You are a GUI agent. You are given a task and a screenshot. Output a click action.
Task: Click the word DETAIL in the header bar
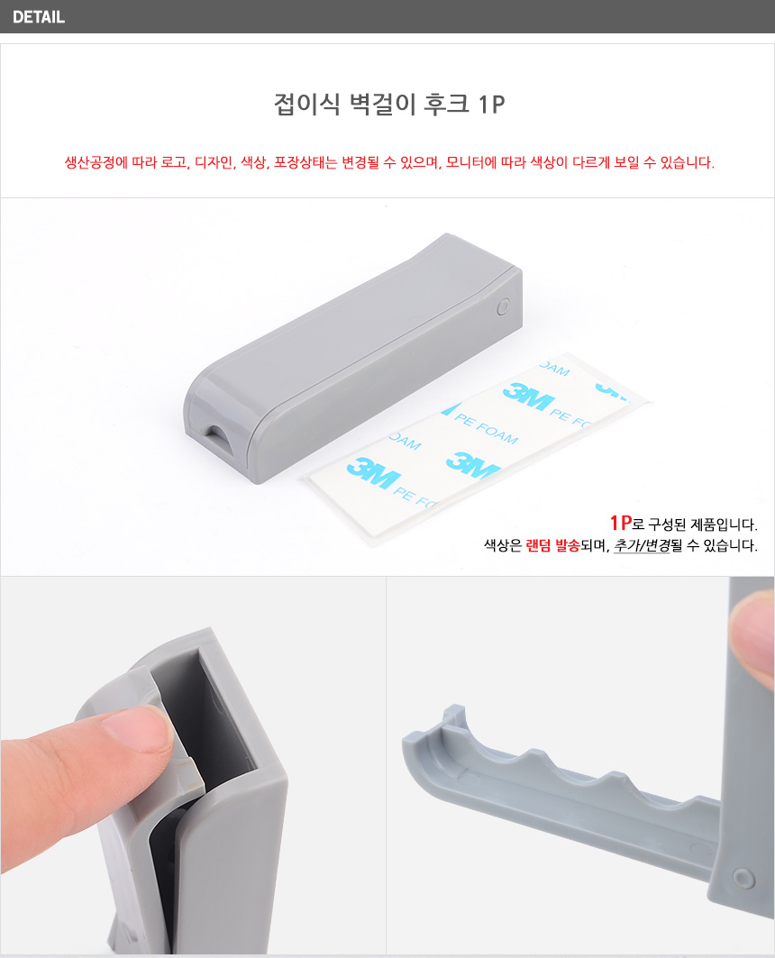39,17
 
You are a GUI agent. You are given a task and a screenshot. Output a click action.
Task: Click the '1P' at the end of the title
492,105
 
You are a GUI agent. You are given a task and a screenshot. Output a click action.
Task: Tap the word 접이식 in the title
306,104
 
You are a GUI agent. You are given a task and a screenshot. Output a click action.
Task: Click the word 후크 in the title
446,104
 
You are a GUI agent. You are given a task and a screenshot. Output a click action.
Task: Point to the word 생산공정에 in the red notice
96,162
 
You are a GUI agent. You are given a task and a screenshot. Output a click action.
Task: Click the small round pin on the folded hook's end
503,306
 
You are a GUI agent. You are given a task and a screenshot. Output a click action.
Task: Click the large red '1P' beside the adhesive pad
621,523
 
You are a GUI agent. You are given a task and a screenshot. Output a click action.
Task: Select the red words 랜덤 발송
552,545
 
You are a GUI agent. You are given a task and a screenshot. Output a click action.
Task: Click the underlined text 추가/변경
642,545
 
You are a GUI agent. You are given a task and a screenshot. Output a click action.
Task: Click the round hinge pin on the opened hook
743,878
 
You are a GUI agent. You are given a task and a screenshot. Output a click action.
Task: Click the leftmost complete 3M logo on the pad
374,472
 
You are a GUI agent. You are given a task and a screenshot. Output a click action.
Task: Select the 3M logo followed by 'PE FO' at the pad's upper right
529,397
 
